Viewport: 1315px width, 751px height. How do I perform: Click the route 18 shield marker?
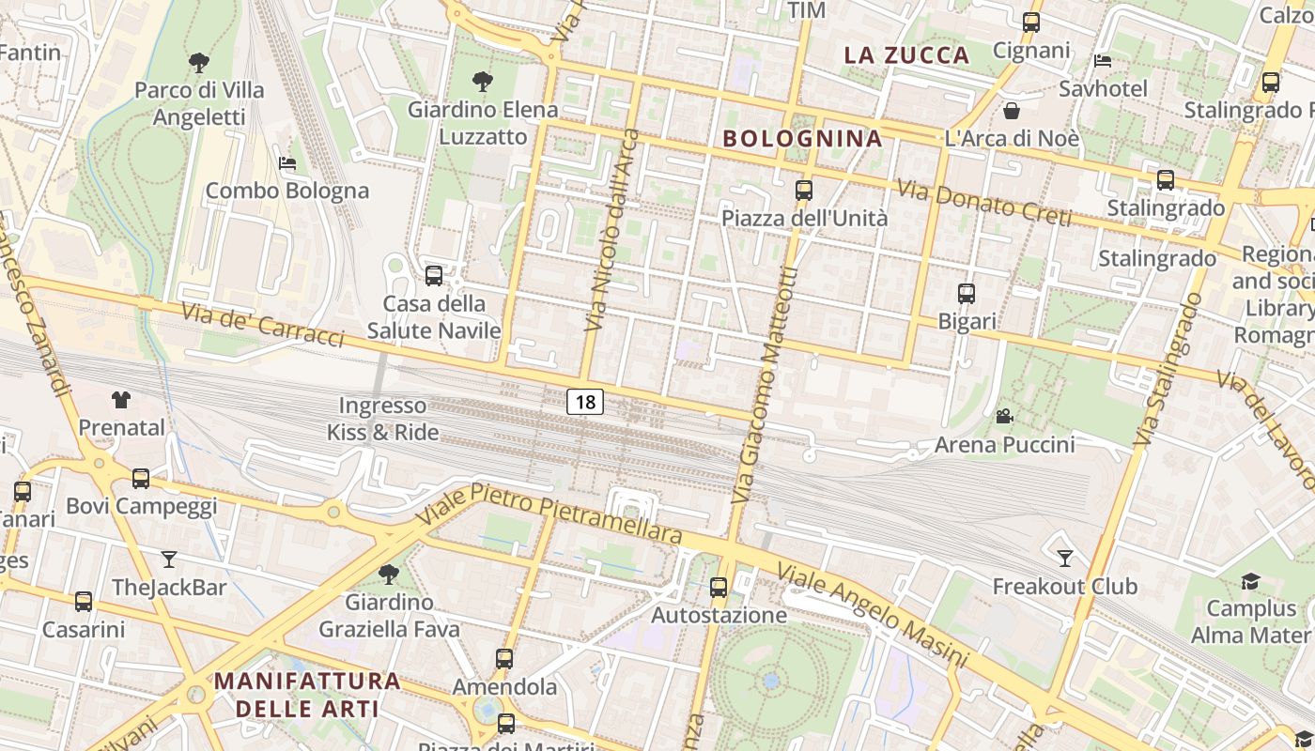[x=585, y=403]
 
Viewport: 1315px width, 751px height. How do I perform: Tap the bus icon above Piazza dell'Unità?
[x=804, y=191]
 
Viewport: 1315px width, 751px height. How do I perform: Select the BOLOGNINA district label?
[x=802, y=139]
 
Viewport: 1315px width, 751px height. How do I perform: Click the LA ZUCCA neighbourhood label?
[x=906, y=54]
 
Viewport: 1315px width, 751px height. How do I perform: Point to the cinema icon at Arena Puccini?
[x=1004, y=416]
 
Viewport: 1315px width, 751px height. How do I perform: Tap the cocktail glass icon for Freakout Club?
[x=1064, y=559]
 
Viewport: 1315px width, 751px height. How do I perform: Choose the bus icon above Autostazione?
[x=719, y=588]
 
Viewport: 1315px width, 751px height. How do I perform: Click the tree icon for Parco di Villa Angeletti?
[x=198, y=63]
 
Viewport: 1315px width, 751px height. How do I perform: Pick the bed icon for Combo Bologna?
[x=287, y=163]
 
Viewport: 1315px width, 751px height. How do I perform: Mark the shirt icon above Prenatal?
[x=121, y=400]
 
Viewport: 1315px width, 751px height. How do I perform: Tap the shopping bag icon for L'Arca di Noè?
[x=1012, y=111]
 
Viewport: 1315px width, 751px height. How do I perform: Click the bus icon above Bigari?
[x=967, y=294]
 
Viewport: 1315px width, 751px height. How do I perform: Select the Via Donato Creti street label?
[x=984, y=203]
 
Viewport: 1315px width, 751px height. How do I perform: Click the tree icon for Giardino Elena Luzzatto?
[x=483, y=82]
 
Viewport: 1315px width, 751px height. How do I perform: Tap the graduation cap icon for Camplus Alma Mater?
[x=1250, y=582]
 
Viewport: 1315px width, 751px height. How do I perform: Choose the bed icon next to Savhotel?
[x=1103, y=62]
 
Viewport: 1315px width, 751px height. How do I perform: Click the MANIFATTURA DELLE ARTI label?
[x=307, y=694]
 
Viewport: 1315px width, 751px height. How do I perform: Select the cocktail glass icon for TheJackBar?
[x=169, y=559]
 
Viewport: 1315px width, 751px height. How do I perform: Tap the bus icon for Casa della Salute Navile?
[x=434, y=276]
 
